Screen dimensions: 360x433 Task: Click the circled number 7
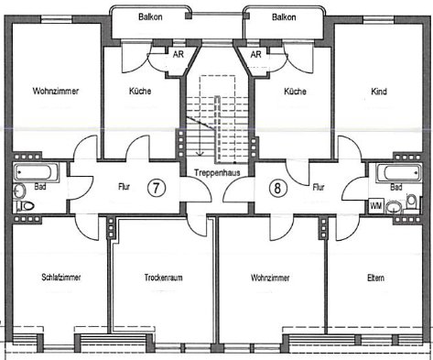(157, 187)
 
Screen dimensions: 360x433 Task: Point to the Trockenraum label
(164, 278)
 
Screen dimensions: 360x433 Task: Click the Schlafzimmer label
(57, 278)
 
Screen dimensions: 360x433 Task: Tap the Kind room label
(379, 92)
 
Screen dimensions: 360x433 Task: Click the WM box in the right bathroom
(376, 206)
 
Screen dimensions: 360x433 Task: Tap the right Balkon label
(285, 16)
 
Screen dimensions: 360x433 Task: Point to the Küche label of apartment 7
(139, 92)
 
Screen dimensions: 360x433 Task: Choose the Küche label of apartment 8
(295, 92)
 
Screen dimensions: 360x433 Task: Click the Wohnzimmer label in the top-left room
(53, 92)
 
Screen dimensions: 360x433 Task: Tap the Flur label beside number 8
(319, 187)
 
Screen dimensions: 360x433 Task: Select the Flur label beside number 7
(124, 187)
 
